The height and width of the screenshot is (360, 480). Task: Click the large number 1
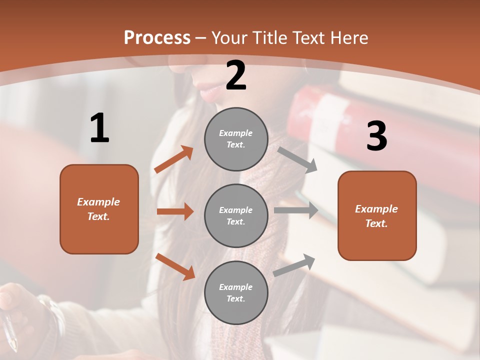pyautogui.click(x=99, y=128)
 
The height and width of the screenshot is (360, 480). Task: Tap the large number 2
pyautogui.click(x=236, y=76)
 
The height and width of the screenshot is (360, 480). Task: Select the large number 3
pyautogui.click(x=377, y=136)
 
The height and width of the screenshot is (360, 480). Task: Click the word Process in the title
pyautogui.click(x=157, y=37)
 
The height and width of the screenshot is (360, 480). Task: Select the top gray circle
pyautogui.click(x=236, y=139)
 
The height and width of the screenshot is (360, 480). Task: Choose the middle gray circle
pyautogui.click(x=236, y=215)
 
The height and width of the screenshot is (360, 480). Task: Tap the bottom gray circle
pyautogui.click(x=236, y=292)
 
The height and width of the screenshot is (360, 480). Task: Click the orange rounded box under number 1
pyautogui.click(x=99, y=209)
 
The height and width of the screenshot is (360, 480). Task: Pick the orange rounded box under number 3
pyautogui.click(x=377, y=215)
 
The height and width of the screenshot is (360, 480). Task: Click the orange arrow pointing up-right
pyautogui.click(x=174, y=159)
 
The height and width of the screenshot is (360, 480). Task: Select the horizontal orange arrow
pyautogui.click(x=175, y=211)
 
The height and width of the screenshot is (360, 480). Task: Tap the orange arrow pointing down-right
pyautogui.click(x=175, y=266)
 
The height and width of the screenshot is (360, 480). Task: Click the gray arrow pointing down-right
pyautogui.click(x=297, y=159)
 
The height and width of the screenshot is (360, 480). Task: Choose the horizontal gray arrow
pyautogui.click(x=296, y=210)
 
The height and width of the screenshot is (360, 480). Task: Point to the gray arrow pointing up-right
pyautogui.click(x=294, y=265)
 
